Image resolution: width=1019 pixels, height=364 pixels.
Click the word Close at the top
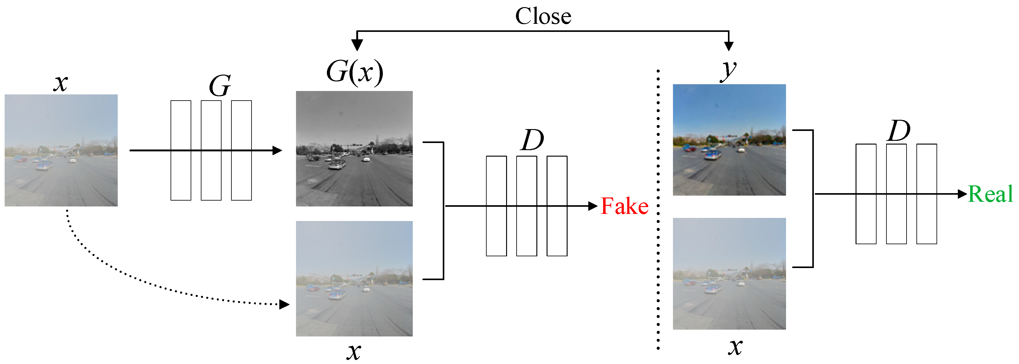coord(543,17)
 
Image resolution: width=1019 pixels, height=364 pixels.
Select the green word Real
coord(990,194)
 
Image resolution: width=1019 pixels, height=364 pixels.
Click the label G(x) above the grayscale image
coord(354,72)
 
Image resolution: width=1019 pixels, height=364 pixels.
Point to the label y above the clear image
coord(728,71)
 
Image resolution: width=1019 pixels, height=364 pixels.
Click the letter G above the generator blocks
coord(220,86)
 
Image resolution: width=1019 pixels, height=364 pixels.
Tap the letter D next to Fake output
coord(532,140)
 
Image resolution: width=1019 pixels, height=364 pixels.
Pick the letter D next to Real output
coord(899,131)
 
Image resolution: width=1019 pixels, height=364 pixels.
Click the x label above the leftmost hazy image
coord(61,84)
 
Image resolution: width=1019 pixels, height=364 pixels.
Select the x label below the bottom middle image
coord(354,351)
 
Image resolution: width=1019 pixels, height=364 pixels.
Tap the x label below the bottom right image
coord(735,347)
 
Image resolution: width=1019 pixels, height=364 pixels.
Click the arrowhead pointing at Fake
coord(592,206)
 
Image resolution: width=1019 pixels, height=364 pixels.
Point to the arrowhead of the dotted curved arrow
coord(284,304)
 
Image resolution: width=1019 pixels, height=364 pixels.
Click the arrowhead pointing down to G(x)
coord(357,45)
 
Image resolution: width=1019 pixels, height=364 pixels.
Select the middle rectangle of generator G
coord(211,174)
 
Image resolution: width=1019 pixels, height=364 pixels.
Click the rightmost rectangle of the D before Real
coord(926,222)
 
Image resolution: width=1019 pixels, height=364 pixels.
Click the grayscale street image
coord(354,149)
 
